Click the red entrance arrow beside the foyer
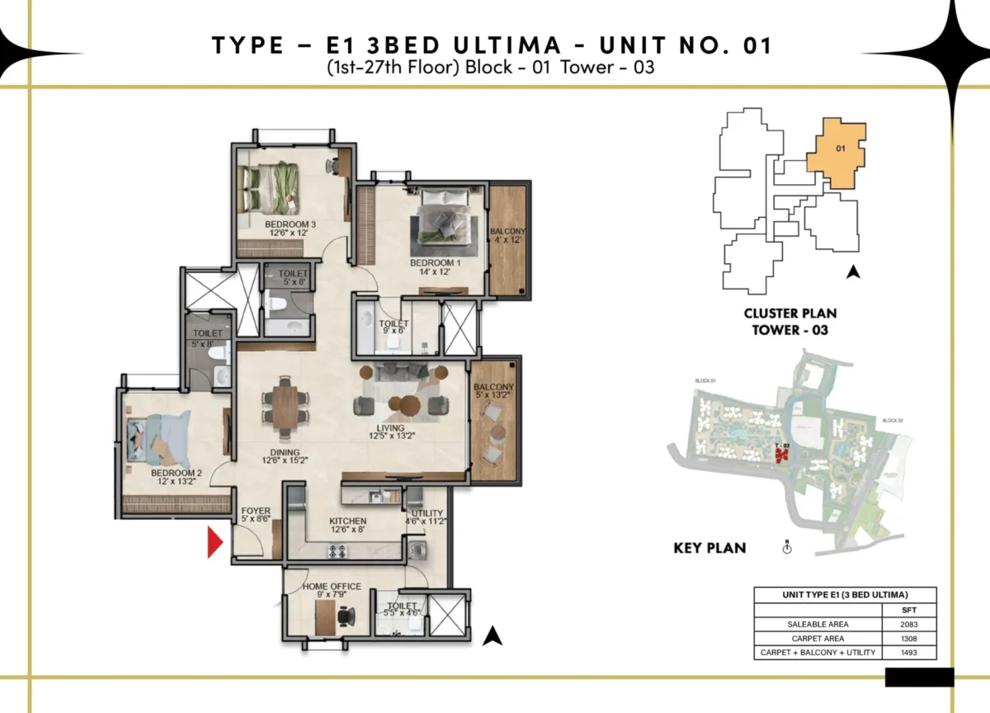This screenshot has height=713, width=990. [x=214, y=542]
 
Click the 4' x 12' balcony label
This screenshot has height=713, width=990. [x=507, y=235]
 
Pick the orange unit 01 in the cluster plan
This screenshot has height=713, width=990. [x=838, y=153]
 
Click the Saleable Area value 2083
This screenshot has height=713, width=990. [x=909, y=624]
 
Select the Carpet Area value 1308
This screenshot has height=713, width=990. [x=909, y=638]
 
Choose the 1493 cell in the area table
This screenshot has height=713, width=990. [x=909, y=652]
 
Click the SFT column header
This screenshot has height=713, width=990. [x=909, y=609]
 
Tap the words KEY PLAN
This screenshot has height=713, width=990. [x=709, y=547]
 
